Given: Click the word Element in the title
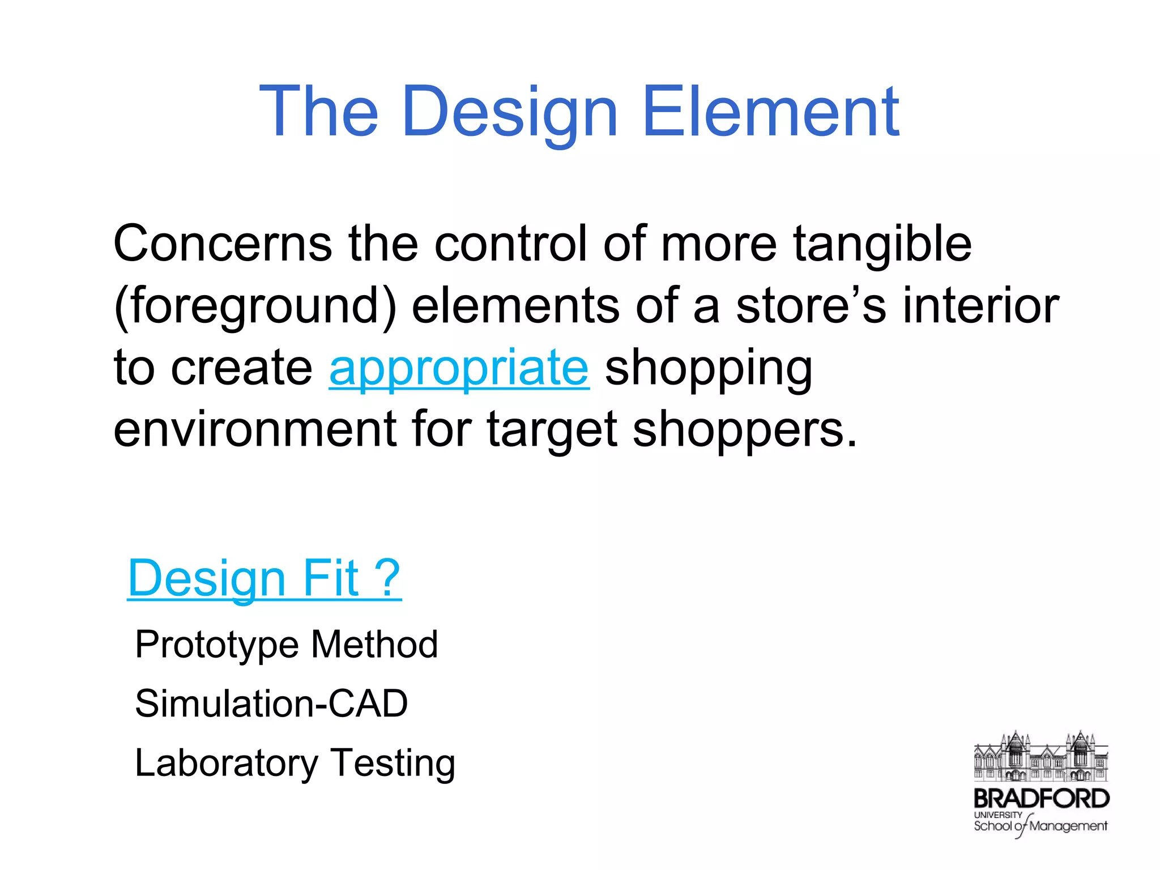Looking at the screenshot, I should coord(771,112).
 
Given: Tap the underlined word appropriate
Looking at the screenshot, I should coord(459,368).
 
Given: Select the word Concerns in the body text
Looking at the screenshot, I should coord(223,244).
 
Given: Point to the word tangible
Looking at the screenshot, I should coord(882,245).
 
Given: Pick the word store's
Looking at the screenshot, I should coord(811,306).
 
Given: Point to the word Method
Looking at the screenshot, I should coord(374,644).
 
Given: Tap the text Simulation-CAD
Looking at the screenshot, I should coord(271,703).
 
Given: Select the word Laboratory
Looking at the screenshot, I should coord(227,764).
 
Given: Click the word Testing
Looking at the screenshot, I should coord(393,764).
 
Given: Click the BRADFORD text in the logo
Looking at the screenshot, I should coord(1041,799).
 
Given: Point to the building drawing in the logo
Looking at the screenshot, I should coord(1041,757).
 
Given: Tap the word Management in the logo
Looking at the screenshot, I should coord(1068,826).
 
